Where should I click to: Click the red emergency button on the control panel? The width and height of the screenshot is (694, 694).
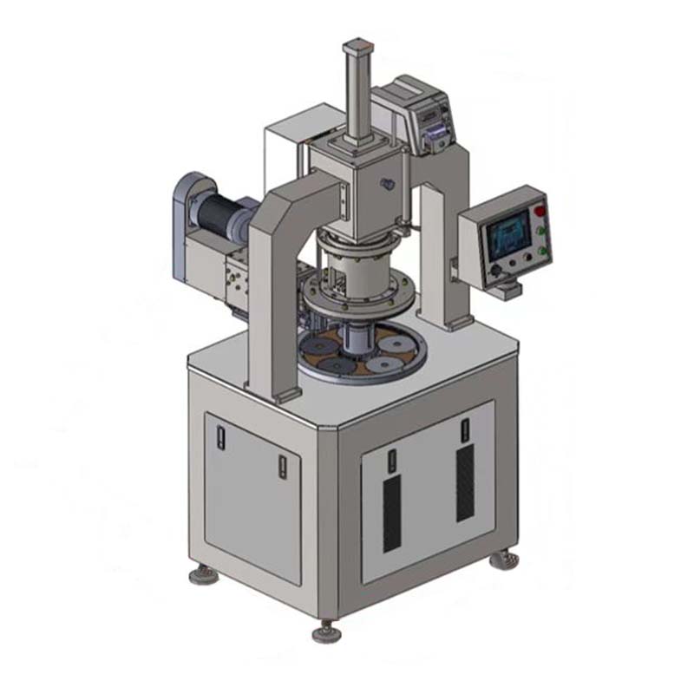pos(539,211)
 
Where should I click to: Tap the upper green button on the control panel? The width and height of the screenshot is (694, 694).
pos(542,231)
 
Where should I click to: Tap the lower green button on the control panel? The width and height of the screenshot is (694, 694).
pos(543,251)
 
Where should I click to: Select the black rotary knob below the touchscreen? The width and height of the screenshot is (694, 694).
pos(495,271)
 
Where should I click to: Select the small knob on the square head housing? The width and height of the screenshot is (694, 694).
pos(387,183)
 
